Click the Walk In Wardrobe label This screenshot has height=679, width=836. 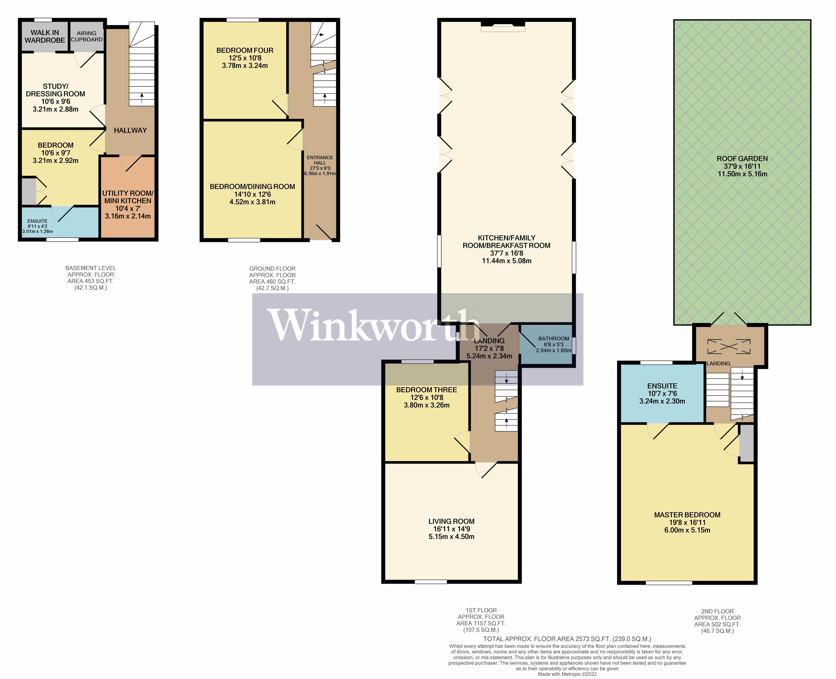coord(45,36)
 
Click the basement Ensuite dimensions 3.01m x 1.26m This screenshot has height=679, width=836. coord(38,231)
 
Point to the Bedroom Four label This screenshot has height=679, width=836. coord(245,50)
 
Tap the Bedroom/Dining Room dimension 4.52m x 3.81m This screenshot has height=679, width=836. coord(252,202)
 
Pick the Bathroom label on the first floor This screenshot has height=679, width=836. coord(554,338)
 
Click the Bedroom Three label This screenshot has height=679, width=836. coord(427,390)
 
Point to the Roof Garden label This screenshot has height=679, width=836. coord(742,158)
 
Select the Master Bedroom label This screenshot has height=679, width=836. coord(687,515)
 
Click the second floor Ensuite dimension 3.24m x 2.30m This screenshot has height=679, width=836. coord(662,401)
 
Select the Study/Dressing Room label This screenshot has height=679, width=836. coord(56,90)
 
